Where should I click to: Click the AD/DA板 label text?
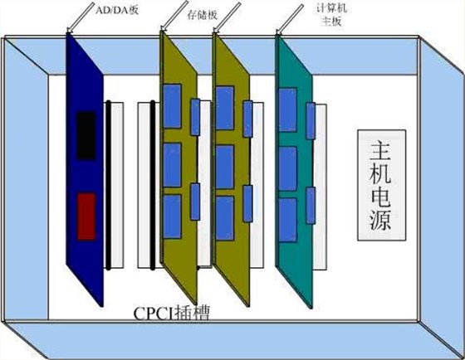[117, 10]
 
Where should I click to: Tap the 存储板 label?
[203, 15]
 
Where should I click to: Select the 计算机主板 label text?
[331, 15]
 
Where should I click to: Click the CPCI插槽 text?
[171, 314]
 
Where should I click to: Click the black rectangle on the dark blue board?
[86, 135]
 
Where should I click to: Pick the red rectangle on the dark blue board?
[86, 216]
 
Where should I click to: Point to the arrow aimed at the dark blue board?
[81, 17]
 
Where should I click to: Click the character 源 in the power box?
[381, 221]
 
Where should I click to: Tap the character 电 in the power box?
[381, 197]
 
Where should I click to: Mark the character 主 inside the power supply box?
[381, 150]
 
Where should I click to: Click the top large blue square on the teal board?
[287, 109]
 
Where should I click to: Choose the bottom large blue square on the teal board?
[287, 220]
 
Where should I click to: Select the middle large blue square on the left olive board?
[172, 165]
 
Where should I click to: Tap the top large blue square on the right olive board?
[225, 108]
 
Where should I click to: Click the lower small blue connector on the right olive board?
[247, 203]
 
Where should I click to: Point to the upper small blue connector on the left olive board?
[195, 117]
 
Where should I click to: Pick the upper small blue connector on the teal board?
[311, 121]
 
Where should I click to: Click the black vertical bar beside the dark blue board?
[109, 186]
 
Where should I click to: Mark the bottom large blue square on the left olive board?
[172, 216]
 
